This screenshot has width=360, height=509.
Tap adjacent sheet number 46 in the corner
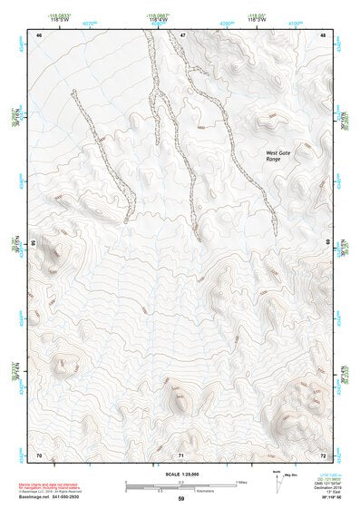[39, 35]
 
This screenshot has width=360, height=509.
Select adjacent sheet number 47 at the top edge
[182, 35]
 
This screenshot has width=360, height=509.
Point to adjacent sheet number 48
[323, 35]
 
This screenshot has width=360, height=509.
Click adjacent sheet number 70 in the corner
[39, 454]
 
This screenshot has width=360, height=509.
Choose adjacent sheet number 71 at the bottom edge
[181, 454]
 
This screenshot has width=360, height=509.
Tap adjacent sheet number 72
[323, 454]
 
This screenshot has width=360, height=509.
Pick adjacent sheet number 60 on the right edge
[327, 243]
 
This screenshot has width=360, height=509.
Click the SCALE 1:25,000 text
[181, 474]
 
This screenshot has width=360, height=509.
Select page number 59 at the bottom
[181, 499]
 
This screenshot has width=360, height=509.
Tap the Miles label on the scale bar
[242, 481]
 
